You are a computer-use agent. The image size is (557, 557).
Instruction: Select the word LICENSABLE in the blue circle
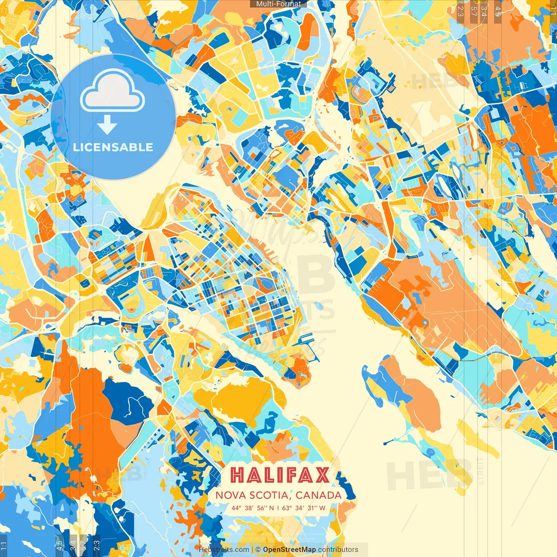[113, 147]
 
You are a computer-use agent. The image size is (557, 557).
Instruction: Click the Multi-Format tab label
[278, 4]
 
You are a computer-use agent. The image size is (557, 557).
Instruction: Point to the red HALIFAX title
[279, 475]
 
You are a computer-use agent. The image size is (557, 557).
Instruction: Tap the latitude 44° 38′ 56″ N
[253, 508]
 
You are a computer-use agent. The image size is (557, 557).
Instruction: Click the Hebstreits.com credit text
[224, 550]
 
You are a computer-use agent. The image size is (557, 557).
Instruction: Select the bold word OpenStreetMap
[289, 550]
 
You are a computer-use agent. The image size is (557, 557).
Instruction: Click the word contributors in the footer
[338, 550]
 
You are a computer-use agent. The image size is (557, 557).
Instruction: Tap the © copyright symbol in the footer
[258, 550]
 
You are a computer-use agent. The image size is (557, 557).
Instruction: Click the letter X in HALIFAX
[322, 475]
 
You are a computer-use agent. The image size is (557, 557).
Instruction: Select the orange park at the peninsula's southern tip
[298, 368]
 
